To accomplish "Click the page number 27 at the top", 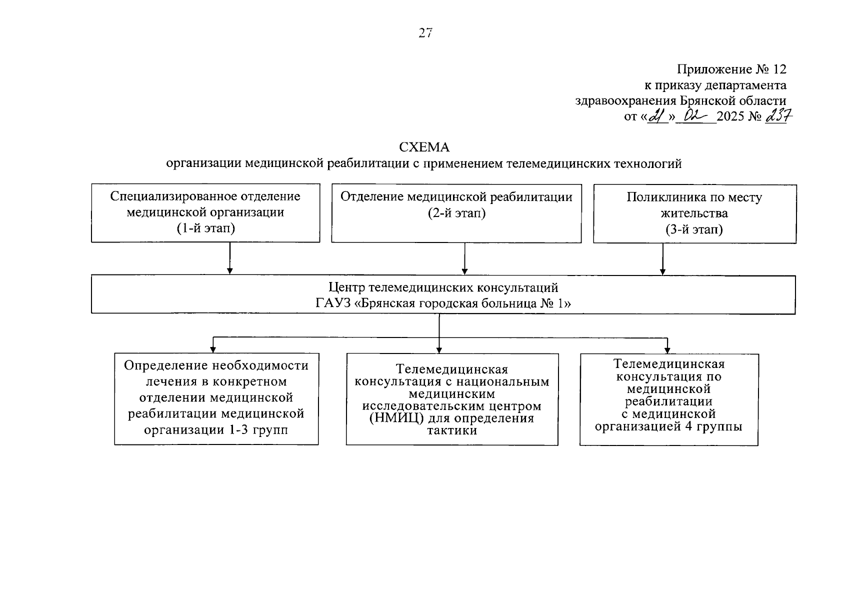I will (x=425, y=33).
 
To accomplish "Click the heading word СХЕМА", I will (x=424, y=147).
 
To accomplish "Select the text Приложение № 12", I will (x=731, y=69).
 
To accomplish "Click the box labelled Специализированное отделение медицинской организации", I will (x=205, y=212).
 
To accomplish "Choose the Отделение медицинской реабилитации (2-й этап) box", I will (x=456, y=213).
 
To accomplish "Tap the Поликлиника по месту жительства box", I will (x=694, y=213).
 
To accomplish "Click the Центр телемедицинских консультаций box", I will (x=443, y=295).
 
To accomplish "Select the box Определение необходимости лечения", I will (x=216, y=398).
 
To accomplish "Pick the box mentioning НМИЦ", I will (x=451, y=399).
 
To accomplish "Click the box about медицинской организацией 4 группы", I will (x=668, y=398).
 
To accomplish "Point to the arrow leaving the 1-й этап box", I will (x=229, y=258).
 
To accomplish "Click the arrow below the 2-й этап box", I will (x=464, y=258).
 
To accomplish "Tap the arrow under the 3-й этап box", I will (x=662, y=258).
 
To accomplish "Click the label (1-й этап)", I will (x=205, y=228).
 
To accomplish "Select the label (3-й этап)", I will (x=694, y=229).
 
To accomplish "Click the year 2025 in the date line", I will (x=730, y=117).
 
